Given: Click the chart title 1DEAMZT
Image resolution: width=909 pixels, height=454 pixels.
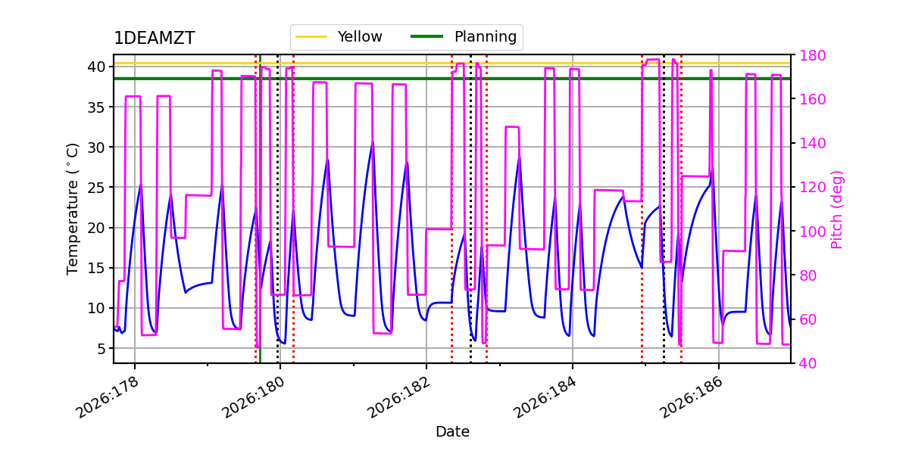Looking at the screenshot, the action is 155,38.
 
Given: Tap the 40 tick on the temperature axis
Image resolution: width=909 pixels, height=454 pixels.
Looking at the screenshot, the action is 95,67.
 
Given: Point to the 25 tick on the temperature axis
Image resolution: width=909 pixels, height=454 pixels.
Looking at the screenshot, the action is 95,188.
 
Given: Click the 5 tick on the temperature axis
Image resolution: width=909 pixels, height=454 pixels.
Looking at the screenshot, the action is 101,349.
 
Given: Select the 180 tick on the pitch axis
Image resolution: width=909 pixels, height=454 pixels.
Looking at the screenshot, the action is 812,55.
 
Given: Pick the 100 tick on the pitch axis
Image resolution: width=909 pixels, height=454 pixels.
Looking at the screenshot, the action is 812,232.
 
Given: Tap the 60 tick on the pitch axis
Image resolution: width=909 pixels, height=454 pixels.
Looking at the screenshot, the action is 808,320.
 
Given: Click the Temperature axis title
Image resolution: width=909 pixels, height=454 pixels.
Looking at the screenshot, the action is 72,209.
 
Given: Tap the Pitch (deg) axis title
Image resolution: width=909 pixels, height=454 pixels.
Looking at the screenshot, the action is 837,210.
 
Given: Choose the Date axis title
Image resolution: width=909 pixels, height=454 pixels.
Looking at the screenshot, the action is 452,432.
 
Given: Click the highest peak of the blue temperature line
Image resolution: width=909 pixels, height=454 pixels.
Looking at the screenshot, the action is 373,142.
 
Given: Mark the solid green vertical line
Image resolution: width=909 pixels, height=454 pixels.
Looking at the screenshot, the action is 260,209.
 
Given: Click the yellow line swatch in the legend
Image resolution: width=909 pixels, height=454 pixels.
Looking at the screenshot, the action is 311,37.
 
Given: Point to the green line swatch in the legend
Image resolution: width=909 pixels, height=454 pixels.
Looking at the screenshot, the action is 427,36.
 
